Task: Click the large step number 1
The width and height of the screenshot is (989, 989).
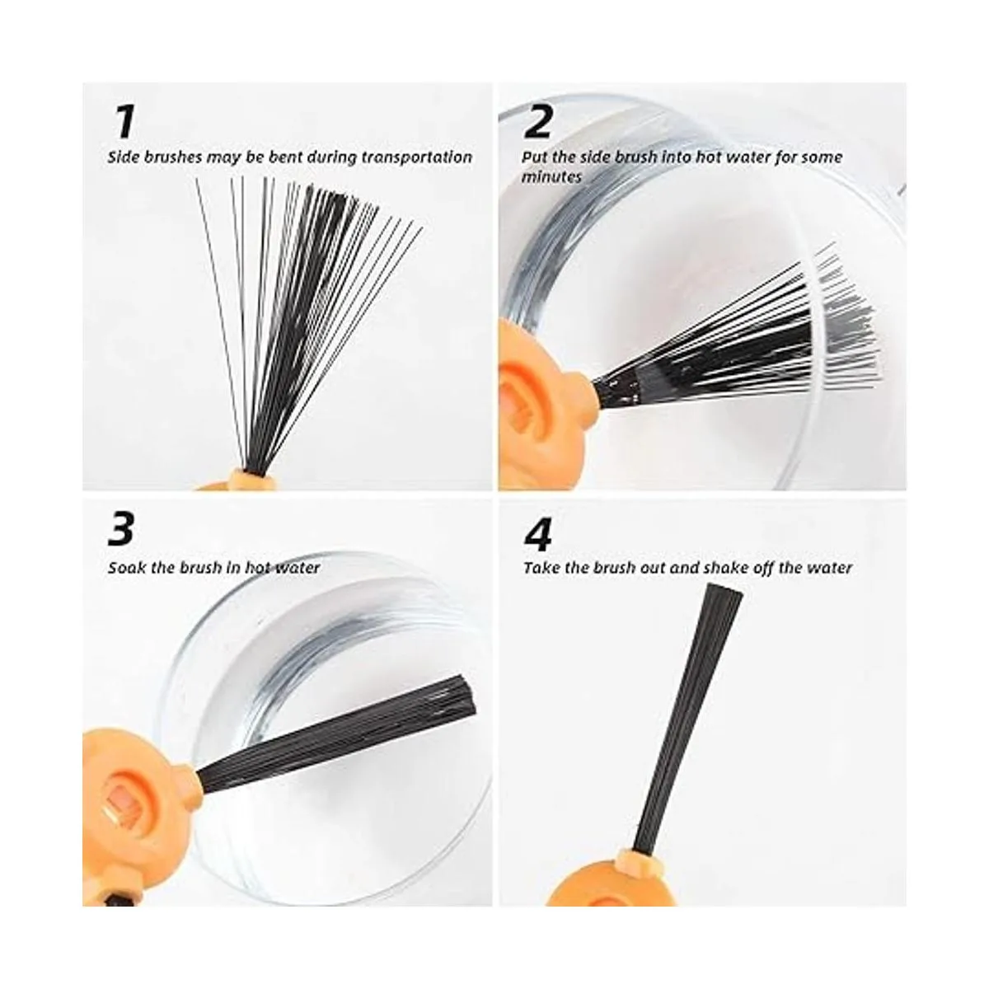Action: [124, 122]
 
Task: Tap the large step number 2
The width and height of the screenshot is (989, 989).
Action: [537, 122]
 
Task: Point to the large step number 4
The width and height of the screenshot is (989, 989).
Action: [537, 537]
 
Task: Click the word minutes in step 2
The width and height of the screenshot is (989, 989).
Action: [551, 177]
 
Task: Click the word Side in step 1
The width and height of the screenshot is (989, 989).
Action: [124, 157]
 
